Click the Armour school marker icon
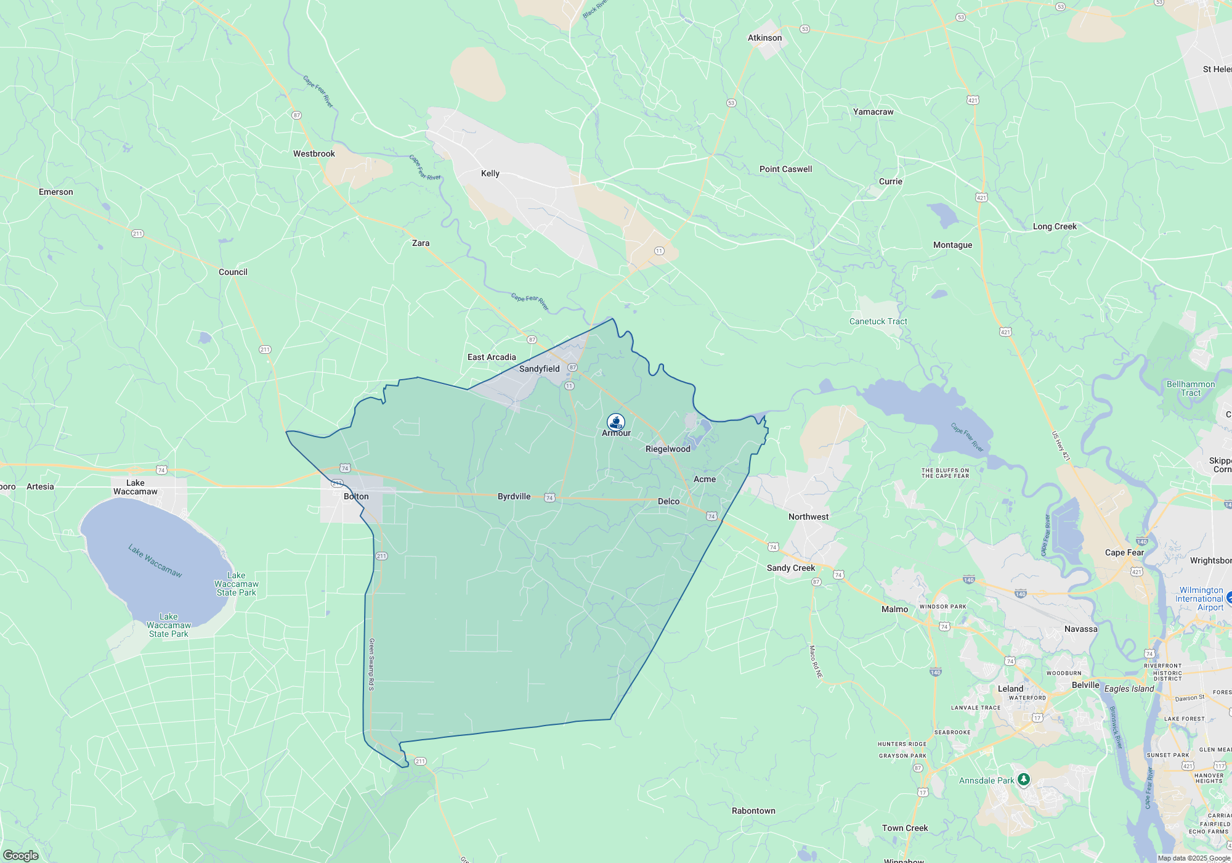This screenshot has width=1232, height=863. (616, 422)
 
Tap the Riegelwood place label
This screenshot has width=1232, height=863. (668, 449)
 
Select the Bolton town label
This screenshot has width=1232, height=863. (356, 496)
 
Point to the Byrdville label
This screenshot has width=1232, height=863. (514, 496)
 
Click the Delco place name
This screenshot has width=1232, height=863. (668, 501)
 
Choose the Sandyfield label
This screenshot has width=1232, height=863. (539, 369)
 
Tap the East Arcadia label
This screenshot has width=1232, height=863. (492, 357)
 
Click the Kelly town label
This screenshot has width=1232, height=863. (490, 173)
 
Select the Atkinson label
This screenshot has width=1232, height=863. (764, 38)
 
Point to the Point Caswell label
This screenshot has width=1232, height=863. (785, 169)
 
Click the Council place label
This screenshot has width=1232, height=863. (233, 272)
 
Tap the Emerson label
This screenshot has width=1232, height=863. (56, 192)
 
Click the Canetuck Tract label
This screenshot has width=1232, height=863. (878, 321)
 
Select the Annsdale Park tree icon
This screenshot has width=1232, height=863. (1023, 780)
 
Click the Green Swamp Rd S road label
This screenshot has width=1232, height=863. (371, 664)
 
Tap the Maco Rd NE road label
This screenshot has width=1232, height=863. (816, 661)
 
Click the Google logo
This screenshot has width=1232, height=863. (21, 855)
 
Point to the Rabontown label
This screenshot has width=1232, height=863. (753, 811)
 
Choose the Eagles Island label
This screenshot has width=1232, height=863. (1129, 689)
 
